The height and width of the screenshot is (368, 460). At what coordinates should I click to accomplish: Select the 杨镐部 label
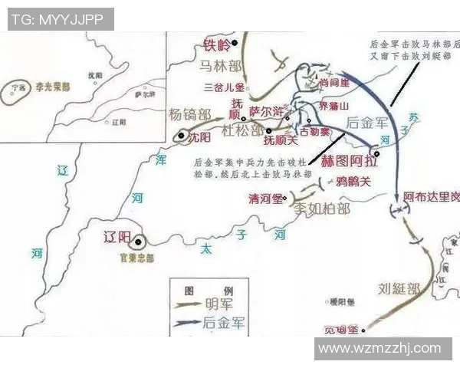(x=189, y=114)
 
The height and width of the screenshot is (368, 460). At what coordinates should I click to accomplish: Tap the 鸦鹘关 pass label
(x=353, y=182)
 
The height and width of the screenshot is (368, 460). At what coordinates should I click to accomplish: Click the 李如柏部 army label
(x=323, y=208)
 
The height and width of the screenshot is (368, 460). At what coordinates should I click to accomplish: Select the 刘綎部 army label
(x=399, y=289)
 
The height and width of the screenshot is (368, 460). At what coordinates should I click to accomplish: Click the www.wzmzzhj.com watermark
(x=379, y=348)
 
